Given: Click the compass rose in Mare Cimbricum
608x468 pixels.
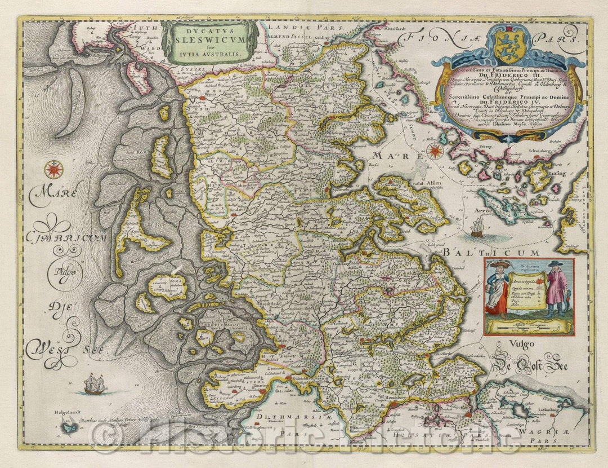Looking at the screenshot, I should tap(54, 168).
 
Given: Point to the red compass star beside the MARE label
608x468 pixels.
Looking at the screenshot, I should tap(435, 151).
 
